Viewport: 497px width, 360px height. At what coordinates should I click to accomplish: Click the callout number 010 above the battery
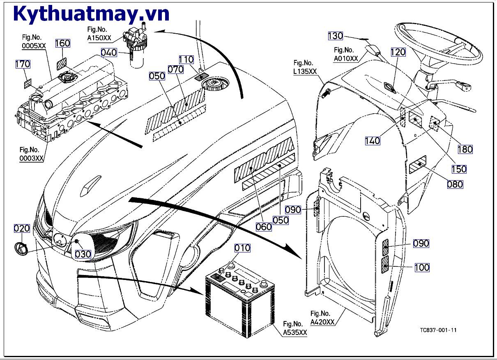coord(242,248)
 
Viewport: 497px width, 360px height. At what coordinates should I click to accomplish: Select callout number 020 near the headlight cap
coord(22,229)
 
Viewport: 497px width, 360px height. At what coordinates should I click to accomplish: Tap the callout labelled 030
coord(83,254)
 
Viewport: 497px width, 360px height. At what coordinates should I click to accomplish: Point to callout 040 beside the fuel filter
coord(109,53)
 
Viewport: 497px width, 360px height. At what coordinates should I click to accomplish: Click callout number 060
coord(264,227)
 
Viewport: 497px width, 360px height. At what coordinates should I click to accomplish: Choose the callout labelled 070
coord(175,70)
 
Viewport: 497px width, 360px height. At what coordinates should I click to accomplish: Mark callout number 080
coord(455,184)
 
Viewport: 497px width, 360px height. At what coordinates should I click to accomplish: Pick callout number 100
coord(421,267)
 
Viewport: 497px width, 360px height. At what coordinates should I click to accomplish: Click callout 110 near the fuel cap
coord(186,60)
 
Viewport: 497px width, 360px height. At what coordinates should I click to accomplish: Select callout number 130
coord(335,36)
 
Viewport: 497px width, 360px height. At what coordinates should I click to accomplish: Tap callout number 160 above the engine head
coord(62,44)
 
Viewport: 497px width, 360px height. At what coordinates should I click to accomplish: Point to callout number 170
coord(23,64)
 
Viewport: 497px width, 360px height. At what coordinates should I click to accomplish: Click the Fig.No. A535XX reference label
coord(295,328)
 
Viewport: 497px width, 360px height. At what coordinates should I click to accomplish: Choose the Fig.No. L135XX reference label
coord(305,67)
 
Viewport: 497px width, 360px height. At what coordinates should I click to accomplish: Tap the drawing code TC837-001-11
coord(438,330)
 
